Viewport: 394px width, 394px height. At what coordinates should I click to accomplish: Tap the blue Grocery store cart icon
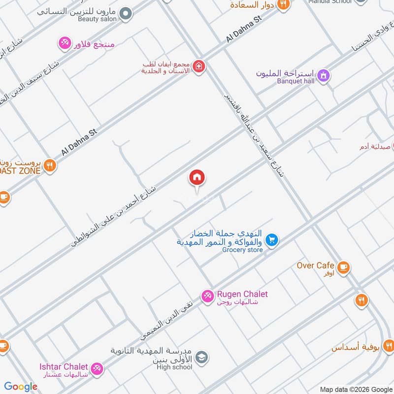click(271, 240)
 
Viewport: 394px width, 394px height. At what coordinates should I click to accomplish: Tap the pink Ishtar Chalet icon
click(97, 367)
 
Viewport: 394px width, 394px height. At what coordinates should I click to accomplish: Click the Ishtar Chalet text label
click(64, 366)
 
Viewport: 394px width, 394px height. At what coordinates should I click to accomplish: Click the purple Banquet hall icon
click(324, 75)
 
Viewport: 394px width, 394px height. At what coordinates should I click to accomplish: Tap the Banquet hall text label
click(295, 81)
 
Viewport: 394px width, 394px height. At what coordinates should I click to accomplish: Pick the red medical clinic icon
click(198, 66)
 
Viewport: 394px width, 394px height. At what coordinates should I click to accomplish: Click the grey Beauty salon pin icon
click(127, 13)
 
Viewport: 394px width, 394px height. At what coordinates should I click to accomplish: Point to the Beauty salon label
click(98, 19)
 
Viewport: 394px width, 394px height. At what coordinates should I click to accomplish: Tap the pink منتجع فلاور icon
click(64, 43)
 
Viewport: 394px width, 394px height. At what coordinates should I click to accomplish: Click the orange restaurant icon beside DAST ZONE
click(49, 165)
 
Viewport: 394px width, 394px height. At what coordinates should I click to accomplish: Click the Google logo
click(21, 387)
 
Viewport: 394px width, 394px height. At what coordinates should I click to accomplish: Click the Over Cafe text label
click(315, 265)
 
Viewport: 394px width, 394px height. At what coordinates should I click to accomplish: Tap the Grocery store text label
click(242, 250)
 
